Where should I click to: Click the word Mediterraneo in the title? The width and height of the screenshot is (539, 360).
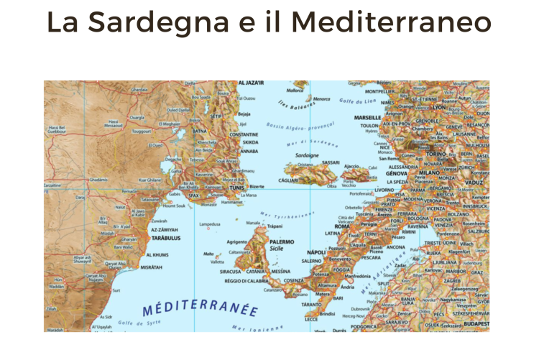[391, 23]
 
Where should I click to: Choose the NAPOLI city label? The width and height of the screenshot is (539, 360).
[316, 252]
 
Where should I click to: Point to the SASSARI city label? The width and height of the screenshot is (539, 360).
[331, 162]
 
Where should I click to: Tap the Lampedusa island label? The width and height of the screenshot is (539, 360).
[209, 225]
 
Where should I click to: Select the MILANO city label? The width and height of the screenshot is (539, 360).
[429, 174]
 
